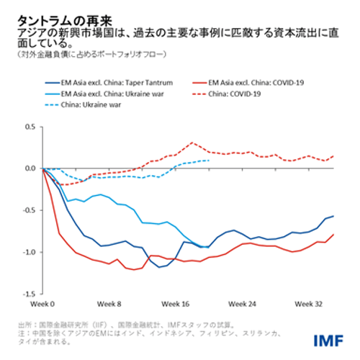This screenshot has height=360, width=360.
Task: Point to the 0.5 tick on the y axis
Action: coord(30,126)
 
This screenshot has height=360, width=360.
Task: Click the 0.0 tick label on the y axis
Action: coord(30,168)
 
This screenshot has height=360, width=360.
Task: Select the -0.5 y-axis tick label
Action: coord(28,210)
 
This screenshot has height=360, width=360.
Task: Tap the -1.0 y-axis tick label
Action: coord(28,252)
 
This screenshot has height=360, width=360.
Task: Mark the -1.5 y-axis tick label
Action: coord(28,294)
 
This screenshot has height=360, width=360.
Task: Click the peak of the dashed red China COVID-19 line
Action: coord(192,143)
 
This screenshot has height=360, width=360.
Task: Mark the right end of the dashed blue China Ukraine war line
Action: coord(209,161)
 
